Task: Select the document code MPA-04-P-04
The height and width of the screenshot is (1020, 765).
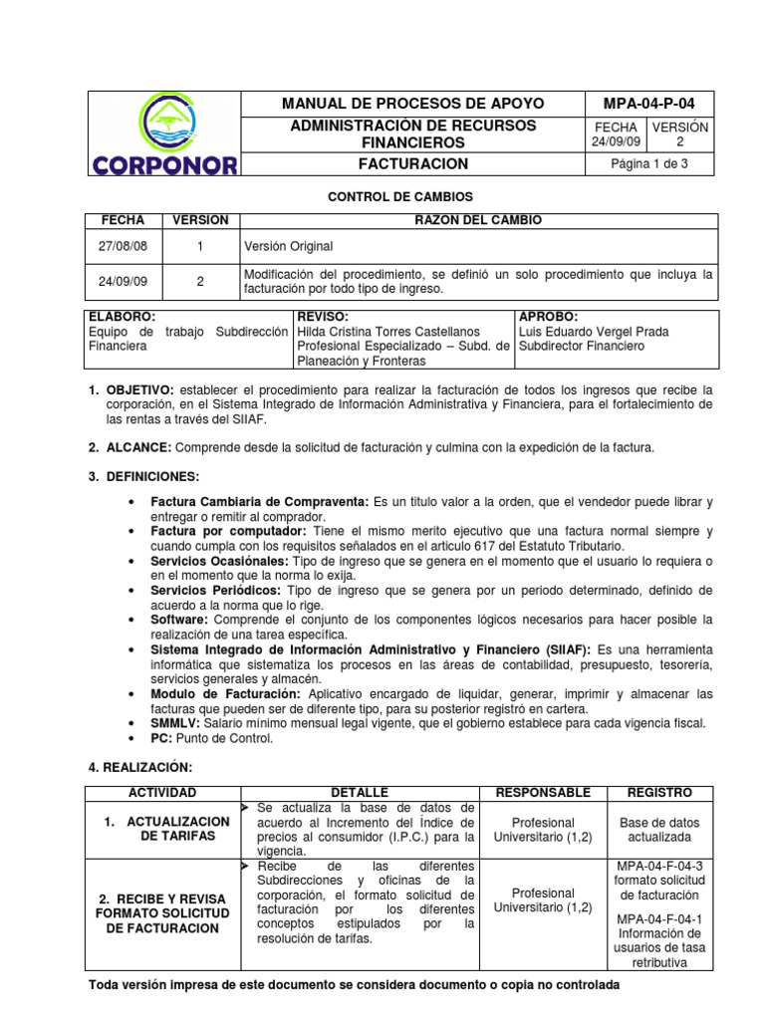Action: pyautogui.click(x=649, y=103)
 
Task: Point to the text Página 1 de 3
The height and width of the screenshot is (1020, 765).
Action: pyautogui.click(x=649, y=164)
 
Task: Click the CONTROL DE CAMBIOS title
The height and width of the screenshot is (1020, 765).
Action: pyautogui.click(x=400, y=198)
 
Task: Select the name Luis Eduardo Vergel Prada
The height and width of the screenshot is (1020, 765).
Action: pyautogui.click(x=594, y=331)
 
